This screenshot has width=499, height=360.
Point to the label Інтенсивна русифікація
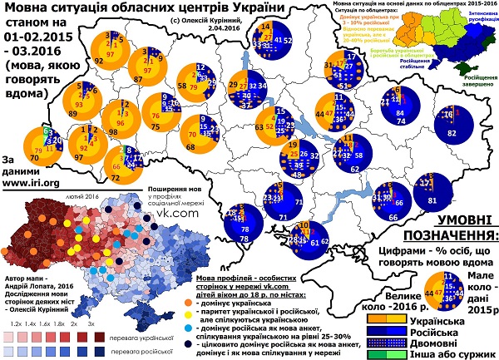tap(480, 17)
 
